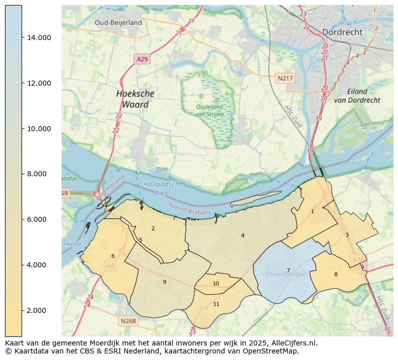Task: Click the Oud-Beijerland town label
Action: (x=118, y=23)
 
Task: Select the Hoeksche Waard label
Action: (x=135, y=99)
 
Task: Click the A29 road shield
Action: (x=142, y=59)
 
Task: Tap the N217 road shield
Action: (x=285, y=79)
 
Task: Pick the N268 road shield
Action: (x=128, y=321)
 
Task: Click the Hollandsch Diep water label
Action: (x=161, y=188)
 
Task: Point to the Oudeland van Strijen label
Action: (x=210, y=110)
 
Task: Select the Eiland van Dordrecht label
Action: (x=364, y=96)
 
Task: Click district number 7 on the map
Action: (x=288, y=270)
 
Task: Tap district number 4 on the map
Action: (x=243, y=235)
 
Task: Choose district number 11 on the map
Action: (x=216, y=304)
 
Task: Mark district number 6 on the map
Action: (x=113, y=256)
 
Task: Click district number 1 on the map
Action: (x=312, y=211)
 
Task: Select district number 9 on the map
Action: (x=164, y=282)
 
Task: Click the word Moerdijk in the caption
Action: (x=97, y=343)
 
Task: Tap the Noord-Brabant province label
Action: (x=189, y=210)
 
